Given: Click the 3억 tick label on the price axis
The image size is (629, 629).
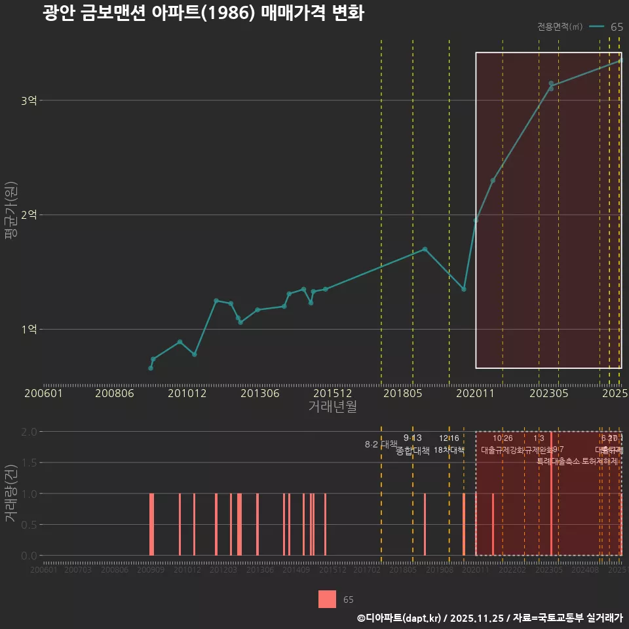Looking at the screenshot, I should [29, 100].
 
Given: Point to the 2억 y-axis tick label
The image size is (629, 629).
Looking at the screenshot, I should [29, 215].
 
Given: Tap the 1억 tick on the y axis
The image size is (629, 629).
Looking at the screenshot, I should [29, 329].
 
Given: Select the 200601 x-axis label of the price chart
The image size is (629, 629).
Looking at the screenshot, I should [43, 394].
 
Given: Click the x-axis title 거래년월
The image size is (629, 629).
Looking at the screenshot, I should [333, 407].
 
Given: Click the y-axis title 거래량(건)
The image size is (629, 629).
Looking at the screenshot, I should [10, 493].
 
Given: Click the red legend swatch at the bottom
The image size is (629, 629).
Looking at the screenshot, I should [327, 599].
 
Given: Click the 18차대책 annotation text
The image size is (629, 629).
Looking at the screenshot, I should [449, 450].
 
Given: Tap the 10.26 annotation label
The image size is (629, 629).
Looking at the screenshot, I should [503, 438].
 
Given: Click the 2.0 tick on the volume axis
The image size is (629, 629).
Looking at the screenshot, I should [29, 432].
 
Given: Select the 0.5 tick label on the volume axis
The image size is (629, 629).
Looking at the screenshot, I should [29, 524].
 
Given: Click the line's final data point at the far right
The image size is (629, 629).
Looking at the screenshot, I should [620, 61].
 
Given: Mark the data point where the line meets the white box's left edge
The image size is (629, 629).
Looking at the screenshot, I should [476, 220].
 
